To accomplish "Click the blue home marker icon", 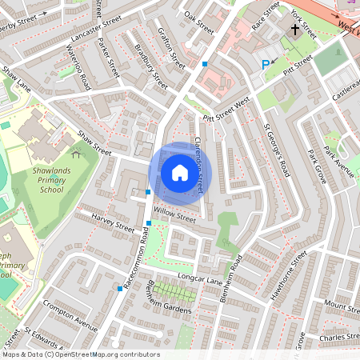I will (x=180, y=173).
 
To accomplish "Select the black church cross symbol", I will (x=295, y=31).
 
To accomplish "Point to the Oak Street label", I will (x=199, y=22).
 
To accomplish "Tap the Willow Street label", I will (x=174, y=216).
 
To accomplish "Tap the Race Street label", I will (x=266, y=19).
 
